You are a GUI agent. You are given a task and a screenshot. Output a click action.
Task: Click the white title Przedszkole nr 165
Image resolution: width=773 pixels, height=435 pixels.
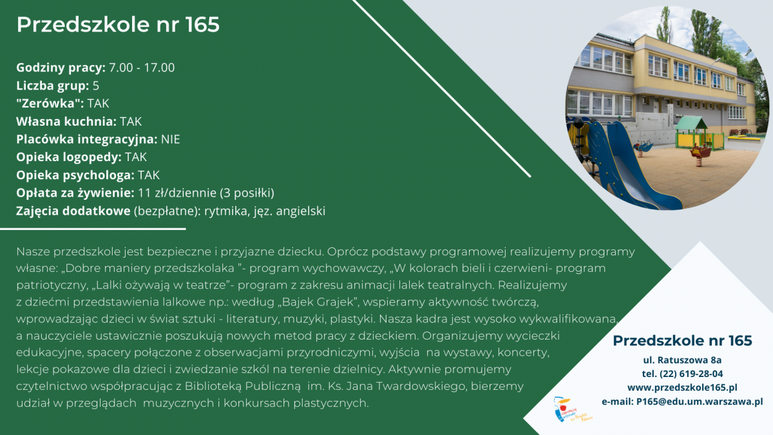118,24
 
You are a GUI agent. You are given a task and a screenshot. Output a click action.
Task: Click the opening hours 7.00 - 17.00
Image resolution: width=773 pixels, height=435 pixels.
142,67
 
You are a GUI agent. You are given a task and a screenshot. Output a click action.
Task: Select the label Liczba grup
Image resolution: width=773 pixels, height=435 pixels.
52,86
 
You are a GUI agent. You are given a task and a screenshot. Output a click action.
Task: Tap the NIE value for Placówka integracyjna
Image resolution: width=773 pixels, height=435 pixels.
171,139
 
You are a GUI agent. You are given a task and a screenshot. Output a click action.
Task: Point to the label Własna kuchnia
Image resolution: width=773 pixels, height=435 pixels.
66,121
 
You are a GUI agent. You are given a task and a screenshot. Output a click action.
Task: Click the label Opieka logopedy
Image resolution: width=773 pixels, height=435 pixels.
69,157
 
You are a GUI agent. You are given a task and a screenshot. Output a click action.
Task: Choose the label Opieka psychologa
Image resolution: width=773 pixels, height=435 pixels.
75,175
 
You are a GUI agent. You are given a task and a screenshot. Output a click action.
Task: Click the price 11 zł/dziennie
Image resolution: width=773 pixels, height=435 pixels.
177,193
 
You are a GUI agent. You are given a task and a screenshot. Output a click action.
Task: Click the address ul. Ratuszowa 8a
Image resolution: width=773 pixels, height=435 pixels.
682,360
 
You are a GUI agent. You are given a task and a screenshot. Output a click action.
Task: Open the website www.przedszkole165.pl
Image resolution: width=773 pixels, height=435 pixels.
682,388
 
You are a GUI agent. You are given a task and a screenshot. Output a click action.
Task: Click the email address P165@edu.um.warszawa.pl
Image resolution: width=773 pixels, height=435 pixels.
700,402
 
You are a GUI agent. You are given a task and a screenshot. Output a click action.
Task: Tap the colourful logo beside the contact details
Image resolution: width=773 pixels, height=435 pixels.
572,410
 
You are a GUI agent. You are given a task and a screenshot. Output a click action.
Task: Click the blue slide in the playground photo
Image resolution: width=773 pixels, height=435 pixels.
625,162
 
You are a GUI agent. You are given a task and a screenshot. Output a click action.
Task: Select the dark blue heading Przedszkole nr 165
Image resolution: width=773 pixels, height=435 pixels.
682,341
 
